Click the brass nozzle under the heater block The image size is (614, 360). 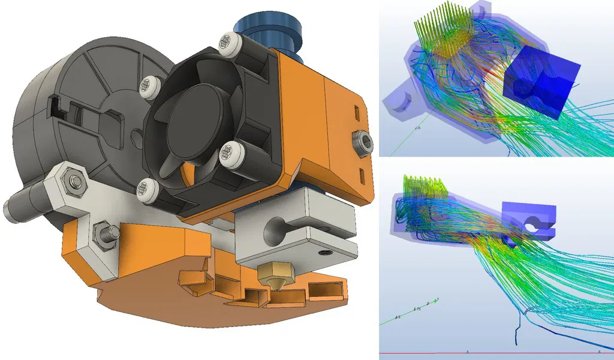click(272, 278)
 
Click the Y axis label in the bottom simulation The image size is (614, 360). click(438, 298)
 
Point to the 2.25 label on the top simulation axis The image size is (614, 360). click(417, 128)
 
